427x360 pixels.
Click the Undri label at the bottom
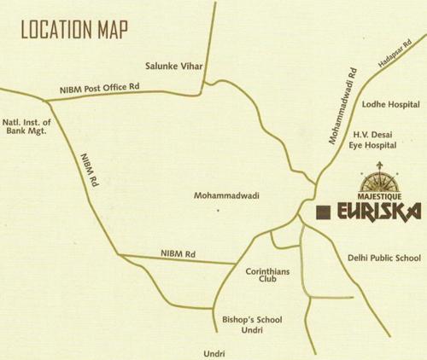point(214,351)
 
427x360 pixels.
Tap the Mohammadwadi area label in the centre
point(226,195)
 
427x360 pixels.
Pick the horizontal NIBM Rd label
point(178,253)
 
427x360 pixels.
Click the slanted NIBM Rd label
point(86,170)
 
